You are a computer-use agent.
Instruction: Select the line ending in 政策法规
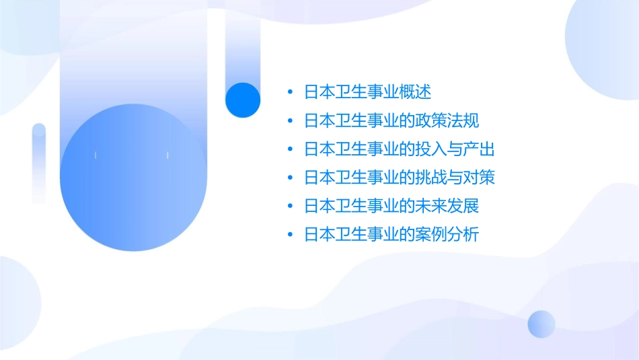click(391, 121)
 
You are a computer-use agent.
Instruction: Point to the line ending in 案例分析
click(391, 234)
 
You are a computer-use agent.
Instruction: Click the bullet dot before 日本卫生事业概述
click(289, 92)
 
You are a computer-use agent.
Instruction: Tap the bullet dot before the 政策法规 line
click(289, 121)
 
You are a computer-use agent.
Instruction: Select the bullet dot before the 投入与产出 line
click(289, 149)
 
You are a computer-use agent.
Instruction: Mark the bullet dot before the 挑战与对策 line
click(289, 178)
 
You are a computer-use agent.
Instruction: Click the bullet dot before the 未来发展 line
click(289, 206)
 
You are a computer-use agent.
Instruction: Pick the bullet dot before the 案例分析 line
click(289, 234)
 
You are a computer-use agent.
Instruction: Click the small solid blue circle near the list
click(243, 100)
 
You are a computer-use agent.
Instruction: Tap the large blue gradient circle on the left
click(133, 177)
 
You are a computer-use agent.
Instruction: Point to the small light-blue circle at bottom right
click(541, 324)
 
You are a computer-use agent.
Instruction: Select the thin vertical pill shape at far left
click(39, 164)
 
